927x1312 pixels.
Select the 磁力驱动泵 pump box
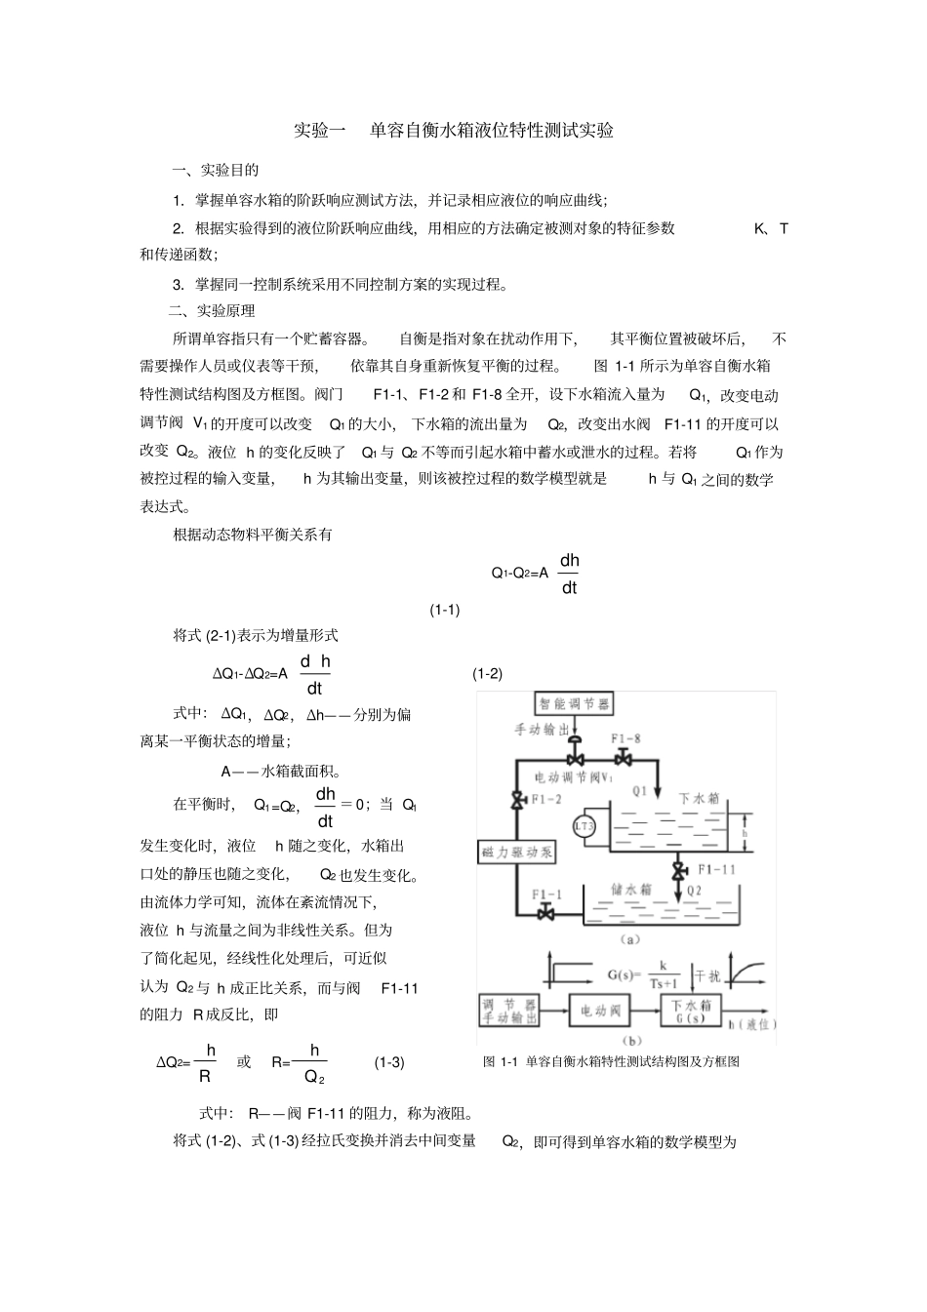click(x=517, y=852)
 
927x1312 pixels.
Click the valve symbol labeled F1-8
click(x=622, y=759)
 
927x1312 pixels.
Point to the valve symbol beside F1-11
click(x=676, y=868)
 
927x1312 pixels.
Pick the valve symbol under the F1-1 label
click(x=545, y=912)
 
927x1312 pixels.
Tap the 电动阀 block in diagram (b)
click(x=601, y=1011)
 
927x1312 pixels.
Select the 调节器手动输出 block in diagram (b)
click(x=509, y=1011)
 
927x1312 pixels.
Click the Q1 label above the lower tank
click(x=639, y=791)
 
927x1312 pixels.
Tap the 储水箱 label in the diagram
click(x=625, y=889)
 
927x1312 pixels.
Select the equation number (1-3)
click(x=389, y=1062)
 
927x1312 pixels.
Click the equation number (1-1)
click(x=445, y=610)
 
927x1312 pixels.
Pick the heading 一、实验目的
click(x=216, y=170)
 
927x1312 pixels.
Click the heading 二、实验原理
click(x=212, y=311)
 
